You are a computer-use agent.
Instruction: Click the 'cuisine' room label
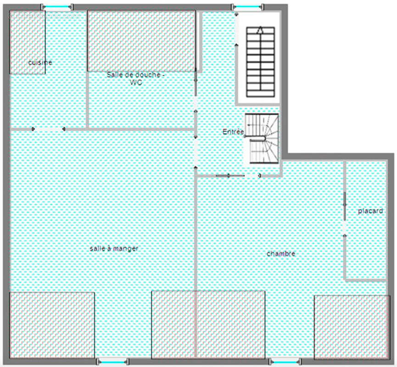(40, 62)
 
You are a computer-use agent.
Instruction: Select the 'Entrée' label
(233, 132)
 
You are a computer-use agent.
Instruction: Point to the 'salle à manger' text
(114, 248)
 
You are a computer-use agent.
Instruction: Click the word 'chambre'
(281, 253)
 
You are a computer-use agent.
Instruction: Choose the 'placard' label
(370, 211)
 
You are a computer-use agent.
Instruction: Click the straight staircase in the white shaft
(260, 61)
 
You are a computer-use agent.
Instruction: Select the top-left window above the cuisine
(57, 6)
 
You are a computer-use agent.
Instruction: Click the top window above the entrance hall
(248, 6)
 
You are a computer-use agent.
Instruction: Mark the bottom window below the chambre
(284, 362)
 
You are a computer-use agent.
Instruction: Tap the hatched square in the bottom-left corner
(52, 325)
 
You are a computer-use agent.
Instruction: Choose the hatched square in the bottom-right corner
(352, 327)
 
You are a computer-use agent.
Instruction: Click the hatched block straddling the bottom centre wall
(208, 324)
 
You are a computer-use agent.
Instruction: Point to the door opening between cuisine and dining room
(48, 129)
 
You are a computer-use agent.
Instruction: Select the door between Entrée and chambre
(238, 176)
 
